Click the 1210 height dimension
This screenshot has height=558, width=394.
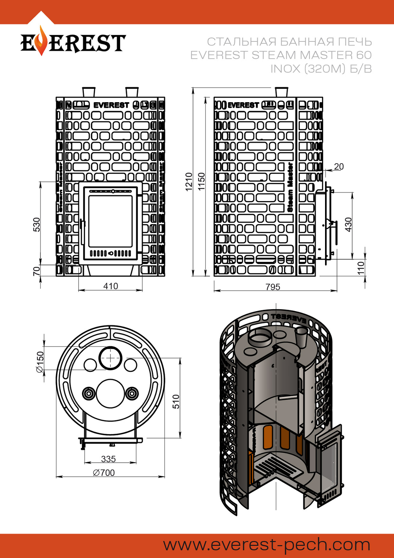click(189, 182)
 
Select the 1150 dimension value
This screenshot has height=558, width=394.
click(201, 182)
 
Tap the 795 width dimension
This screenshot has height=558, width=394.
click(273, 287)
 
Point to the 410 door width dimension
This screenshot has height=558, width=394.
click(110, 286)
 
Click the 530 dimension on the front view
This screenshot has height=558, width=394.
click(36, 224)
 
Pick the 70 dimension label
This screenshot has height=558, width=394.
click(36, 271)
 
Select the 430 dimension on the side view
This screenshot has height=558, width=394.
click(348, 224)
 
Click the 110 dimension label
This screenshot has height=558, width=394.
click(361, 268)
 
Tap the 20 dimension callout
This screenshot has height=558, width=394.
click(339, 166)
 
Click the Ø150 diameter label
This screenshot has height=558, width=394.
click(40, 362)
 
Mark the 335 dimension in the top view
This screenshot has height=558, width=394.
click(108, 459)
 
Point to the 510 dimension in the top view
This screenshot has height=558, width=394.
click(176, 401)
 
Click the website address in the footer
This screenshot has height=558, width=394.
click(267, 545)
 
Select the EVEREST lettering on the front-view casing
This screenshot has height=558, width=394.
click(111, 105)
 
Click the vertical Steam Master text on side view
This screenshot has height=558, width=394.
click(290, 187)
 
